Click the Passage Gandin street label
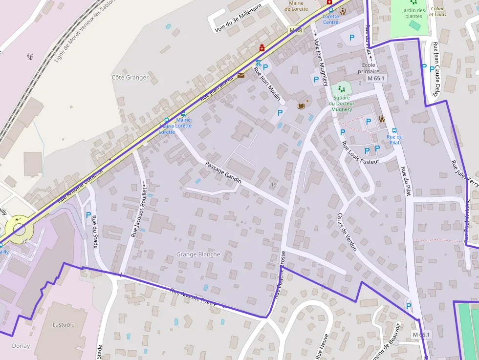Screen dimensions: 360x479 (223, 172)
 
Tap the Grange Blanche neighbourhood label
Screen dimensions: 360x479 (198, 254)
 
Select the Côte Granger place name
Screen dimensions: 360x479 (130, 77)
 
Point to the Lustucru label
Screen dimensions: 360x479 (64, 324)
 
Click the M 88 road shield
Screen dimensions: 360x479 (296, 30)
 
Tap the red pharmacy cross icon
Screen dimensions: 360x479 (262, 48)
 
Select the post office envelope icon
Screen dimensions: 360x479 (241, 75)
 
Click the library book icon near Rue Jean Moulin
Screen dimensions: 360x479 (301, 106)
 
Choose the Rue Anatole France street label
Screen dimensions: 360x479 (194, 297)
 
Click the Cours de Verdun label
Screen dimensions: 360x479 (347, 232)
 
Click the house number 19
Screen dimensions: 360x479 (273, 184)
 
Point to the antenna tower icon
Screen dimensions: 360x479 (30, 57)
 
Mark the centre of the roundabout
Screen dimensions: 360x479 (19, 226)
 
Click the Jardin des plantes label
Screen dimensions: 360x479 (414, 13)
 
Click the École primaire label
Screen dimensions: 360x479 (369, 68)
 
